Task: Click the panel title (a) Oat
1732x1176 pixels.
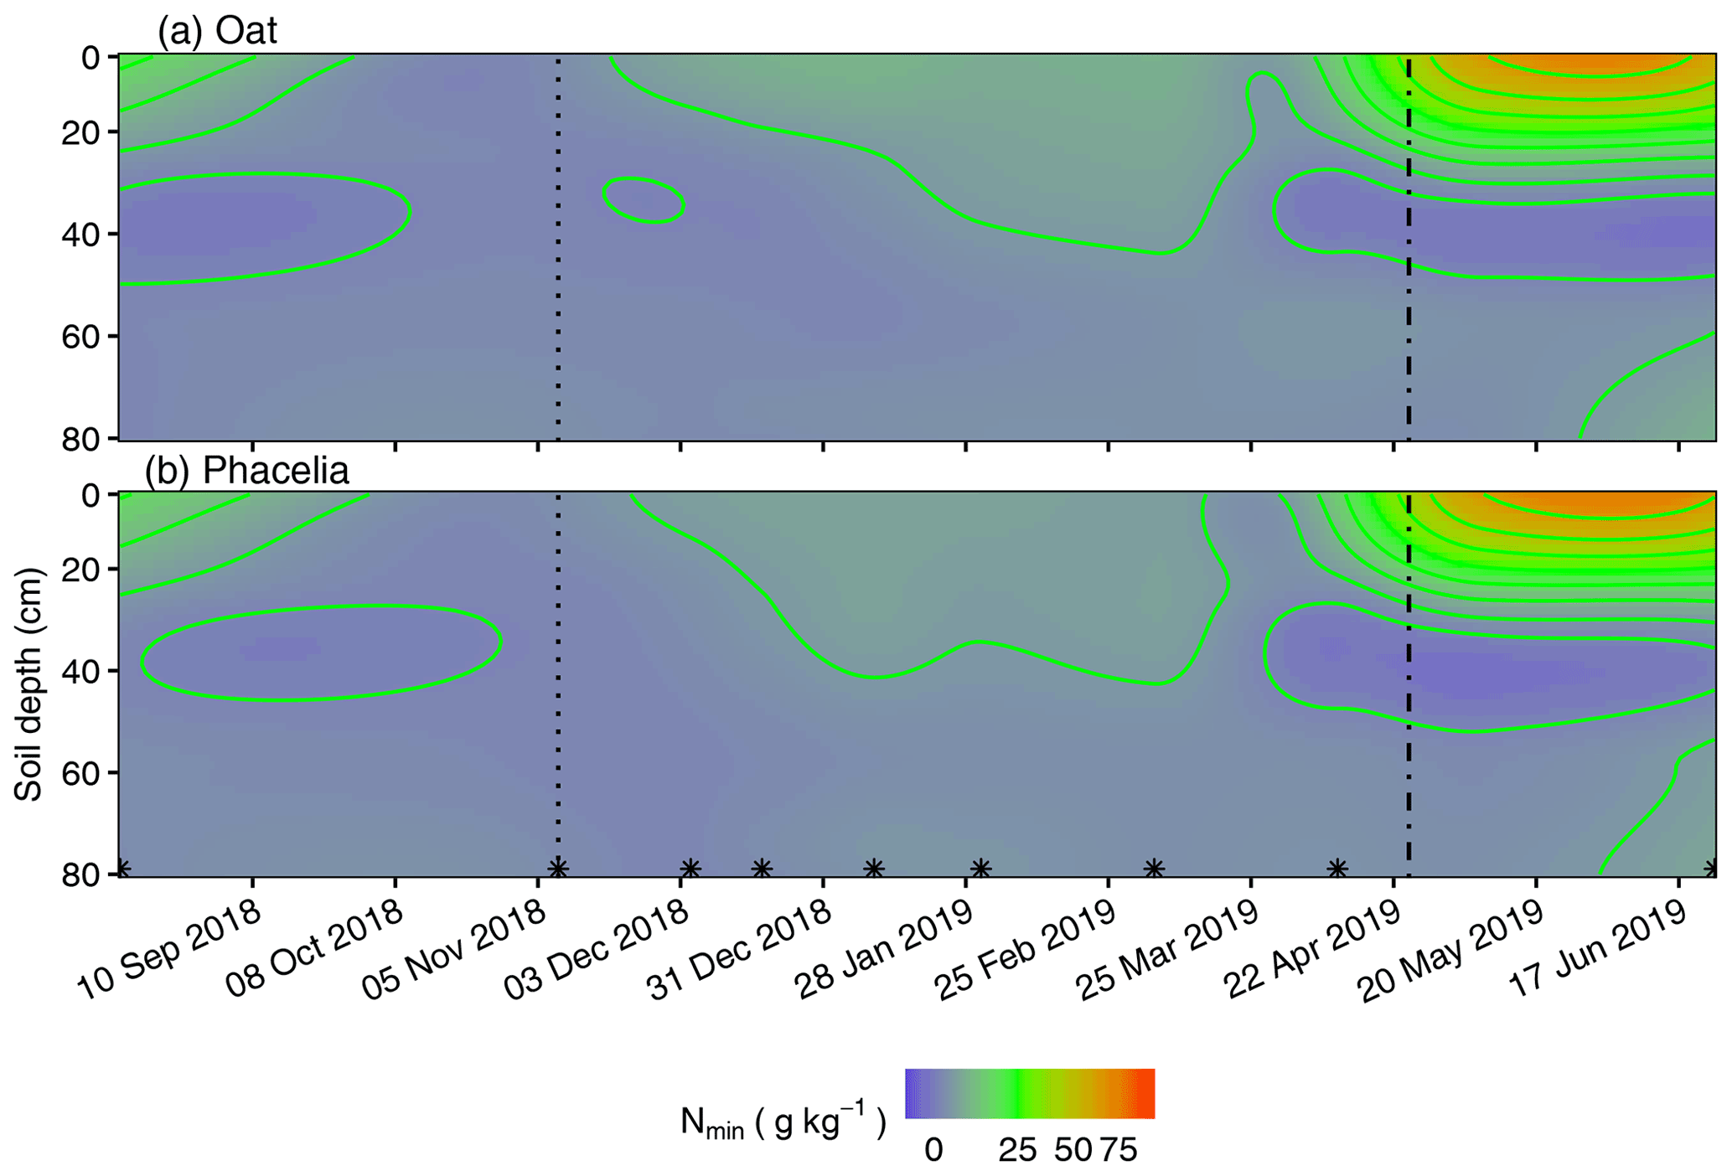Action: pyautogui.click(x=217, y=31)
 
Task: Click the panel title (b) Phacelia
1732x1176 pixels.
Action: pyautogui.click(x=246, y=471)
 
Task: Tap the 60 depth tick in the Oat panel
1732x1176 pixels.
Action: pyautogui.click(x=80, y=337)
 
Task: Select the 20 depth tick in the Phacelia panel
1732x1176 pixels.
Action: pyautogui.click(x=80, y=570)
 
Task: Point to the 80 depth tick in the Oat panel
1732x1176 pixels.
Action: pyautogui.click(x=80, y=438)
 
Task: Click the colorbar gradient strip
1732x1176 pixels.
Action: pyautogui.click(x=1030, y=1093)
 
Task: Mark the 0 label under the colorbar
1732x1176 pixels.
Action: pyautogui.click(x=933, y=1150)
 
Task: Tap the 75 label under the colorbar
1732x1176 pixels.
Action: pyautogui.click(x=1119, y=1150)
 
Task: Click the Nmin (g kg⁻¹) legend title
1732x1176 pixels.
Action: pyautogui.click(x=783, y=1122)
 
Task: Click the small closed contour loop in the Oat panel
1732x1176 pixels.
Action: pyautogui.click(x=644, y=199)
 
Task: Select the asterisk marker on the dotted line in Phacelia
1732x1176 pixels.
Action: pyautogui.click(x=557, y=868)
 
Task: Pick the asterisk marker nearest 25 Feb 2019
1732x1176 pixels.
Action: pyautogui.click(x=1154, y=868)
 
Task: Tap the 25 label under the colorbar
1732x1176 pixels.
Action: pyautogui.click(x=1017, y=1150)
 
